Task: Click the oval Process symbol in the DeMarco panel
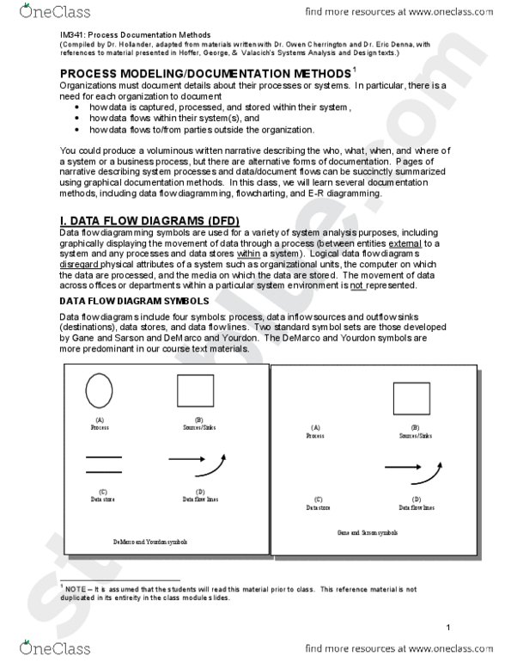click(x=99, y=391)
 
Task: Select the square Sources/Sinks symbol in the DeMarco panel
click(x=195, y=391)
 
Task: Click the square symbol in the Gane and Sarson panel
click(x=411, y=397)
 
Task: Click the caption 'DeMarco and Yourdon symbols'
click(x=150, y=542)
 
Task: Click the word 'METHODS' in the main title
click(x=304, y=75)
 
